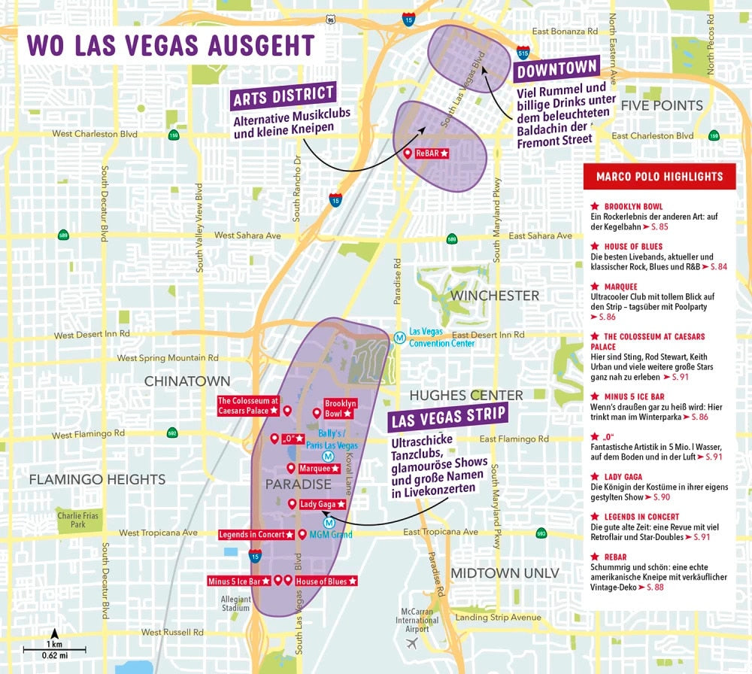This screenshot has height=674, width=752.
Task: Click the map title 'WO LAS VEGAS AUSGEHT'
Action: click(x=170, y=45)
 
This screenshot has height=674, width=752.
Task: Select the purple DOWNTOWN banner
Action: click(x=556, y=70)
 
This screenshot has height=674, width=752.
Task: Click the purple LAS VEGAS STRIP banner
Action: click(x=447, y=416)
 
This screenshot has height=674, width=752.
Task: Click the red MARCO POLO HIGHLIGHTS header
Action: click(x=659, y=177)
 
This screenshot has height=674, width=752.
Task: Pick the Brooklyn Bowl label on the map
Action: click(x=340, y=408)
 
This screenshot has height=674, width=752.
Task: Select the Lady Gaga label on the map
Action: click(x=322, y=504)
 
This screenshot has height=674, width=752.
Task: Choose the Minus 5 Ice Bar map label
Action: click(x=238, y=581)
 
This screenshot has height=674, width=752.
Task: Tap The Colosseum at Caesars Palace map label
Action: click(x=248, y=406)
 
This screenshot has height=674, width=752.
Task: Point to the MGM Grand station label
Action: click(x=330, y=535)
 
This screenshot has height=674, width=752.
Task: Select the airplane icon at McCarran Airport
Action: click(x=411, y=643)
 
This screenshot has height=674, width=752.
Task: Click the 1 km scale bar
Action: click(x=53, y=648)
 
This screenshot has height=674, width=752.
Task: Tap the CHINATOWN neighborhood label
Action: click(x=186, y=381)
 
